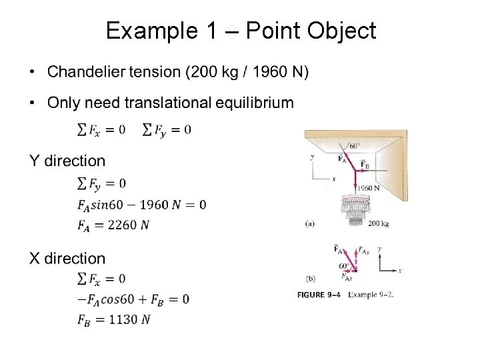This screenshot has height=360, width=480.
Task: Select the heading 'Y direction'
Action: pyautogui.click(x=67, y=161)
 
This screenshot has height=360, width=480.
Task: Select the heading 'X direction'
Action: pyautogui.click(x=67, y=258)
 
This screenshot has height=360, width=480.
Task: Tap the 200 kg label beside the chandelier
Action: pyautogui.click(x=379, y=224)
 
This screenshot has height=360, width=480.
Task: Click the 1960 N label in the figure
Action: pyautogui.click(x=368, y=188)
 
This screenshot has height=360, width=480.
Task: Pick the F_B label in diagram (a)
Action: pyautogui.click(x=365, y=164)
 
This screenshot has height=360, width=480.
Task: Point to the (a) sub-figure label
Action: pyautogui.click(x=310, y=225)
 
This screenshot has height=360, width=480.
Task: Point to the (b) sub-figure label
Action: pyautogui.click(x=310, y=278)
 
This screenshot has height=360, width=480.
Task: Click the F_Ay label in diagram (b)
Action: pyautogui.click(x=364, y=250)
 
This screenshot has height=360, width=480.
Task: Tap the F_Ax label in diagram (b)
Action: pyautogui.click(x=347, y=275)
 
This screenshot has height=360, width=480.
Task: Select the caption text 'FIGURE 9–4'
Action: pyautogui.click(x=319, y=294)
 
